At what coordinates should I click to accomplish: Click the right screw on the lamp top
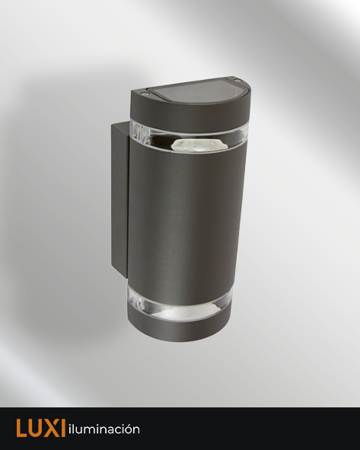click(x=236, y=80)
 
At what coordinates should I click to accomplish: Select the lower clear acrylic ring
click(x=180, y=305)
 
